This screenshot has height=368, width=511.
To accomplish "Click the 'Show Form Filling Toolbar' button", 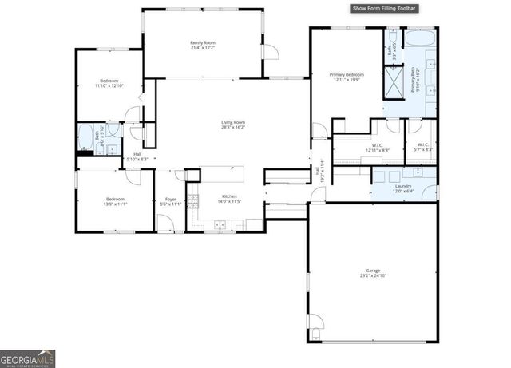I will click(x=385, y=9).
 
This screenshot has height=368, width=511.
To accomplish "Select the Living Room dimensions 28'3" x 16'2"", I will click(x=232, y=127).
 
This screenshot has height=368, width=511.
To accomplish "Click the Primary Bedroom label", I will click(x=347, y=77).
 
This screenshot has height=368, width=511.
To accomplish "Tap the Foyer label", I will click(x=170, y=200).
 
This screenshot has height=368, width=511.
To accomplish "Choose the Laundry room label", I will click(x=402, y=188).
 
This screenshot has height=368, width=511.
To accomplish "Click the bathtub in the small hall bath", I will click(x=85, y=137).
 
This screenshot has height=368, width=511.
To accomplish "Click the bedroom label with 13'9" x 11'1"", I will click(x=116, y=201).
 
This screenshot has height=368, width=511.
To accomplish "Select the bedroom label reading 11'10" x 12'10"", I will click(x=109, y=83).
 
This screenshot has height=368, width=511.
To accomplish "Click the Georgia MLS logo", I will click(x=27, y=358).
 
